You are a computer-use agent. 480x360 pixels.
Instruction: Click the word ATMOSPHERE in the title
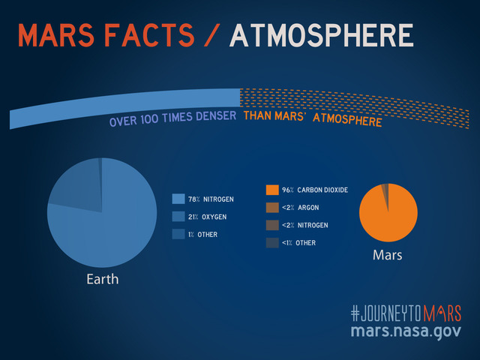pyautogui.click(x=322, y=35)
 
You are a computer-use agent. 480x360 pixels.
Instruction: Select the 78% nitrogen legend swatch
pyautogui.click(x=178, y=199)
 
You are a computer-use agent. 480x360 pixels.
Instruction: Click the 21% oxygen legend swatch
pyautogui.click(x=178, y=217)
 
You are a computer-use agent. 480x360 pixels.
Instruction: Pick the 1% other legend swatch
pyautogui.click(x=178, y=234)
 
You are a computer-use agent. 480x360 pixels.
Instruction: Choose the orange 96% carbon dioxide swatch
pyautogui.click(x=271, y=190)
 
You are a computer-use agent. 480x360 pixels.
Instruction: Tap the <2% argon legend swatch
pyautogui.click(x=271, y=207)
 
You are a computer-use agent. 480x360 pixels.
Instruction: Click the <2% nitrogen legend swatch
pyautogui.click(x=271, y=225)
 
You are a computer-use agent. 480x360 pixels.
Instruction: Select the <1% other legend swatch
pyautogui.click(x=271, y=242)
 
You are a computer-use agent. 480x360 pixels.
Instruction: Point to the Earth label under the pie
pyautogui.click(x=101, y=280)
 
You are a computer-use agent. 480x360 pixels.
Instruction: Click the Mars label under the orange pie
pyautogui.click(x=387, y=255)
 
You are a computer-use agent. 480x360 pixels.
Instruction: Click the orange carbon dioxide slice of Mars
pyautogui.click(x=390, y=217)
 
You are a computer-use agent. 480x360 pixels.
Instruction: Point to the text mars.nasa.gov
pyautogui.click(x=405, y=331)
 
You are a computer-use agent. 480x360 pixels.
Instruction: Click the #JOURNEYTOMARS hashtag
pyautogui.click(x=405, y=313)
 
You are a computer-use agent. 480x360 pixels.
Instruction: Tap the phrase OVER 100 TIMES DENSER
pyautogui.click(x=172, y=120)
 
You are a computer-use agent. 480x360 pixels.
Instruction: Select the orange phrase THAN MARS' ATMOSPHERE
pyautogui.click(x=312, y=119)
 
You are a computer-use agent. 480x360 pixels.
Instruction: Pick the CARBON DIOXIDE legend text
pyautogui.click(x=322, y=190)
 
